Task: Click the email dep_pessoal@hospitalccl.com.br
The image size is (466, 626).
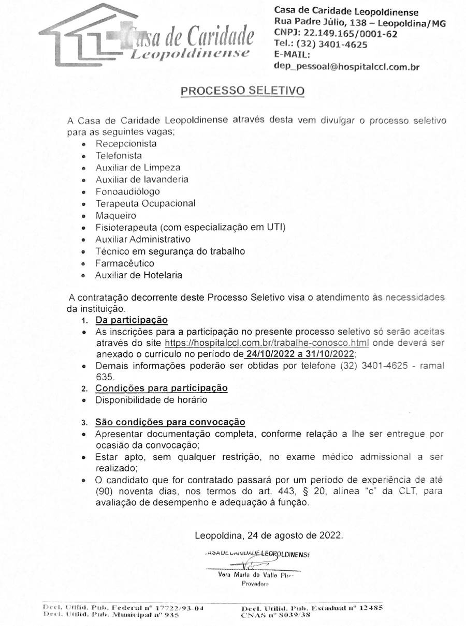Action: coord(346,67)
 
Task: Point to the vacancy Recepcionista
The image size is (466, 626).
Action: coord(126,143)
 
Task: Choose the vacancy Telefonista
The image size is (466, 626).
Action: coord(119,155)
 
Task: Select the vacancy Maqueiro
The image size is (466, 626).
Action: coord(116,215)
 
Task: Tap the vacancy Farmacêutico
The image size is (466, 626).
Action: coord(124,263)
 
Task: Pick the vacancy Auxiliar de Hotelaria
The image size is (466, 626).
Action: coord(139,275)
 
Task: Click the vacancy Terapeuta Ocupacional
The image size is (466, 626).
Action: coord(145,203)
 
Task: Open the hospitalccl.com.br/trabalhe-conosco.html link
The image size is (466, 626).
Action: coord(267,343)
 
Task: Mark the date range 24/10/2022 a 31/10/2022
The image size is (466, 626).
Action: coord(300,354)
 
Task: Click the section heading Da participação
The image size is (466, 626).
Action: coord(132,320)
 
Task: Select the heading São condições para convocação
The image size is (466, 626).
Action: coord(170,422)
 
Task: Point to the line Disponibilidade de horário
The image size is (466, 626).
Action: coord(151,400)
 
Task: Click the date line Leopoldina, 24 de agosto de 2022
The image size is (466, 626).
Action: coord(269,535)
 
